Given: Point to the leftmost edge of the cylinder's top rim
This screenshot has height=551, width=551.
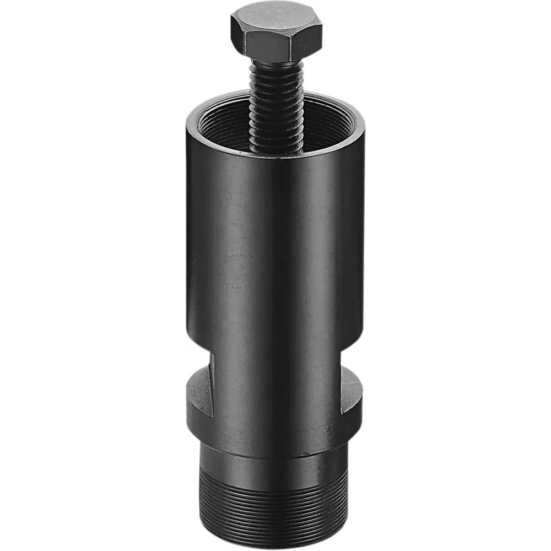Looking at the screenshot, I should [187, 124].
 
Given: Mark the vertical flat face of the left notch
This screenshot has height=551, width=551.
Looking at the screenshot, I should [209, 380].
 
